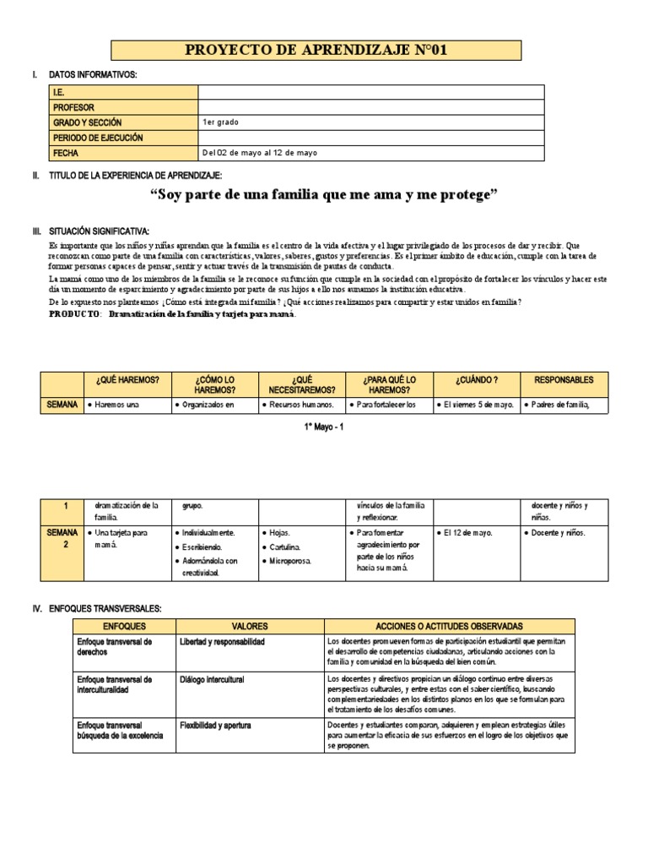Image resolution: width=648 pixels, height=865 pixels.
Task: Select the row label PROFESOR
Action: click(x=73, y=107)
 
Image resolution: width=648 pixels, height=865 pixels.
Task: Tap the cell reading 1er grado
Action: click(x=221, y=122)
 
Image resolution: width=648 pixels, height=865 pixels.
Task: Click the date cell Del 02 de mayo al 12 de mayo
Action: click(x=260, y=153)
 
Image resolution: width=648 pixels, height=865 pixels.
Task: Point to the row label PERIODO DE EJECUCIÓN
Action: click(x=98, y=138)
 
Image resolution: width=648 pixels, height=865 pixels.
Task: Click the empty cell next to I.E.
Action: click(x=370, y=93)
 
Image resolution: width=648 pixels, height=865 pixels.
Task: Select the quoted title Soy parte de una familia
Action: click(x=324, y=196)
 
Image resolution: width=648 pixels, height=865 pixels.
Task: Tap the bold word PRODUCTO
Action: click(x=75, y=314)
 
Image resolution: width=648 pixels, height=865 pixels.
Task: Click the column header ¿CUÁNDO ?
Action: click(x=477, y=380)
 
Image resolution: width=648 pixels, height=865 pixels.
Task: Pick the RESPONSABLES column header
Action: click(x=564, y=380)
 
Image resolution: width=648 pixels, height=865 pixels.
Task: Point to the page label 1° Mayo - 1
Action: click(x=323, y=427)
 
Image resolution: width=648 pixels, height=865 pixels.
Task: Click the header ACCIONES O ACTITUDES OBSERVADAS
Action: click(x=450, y=626)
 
